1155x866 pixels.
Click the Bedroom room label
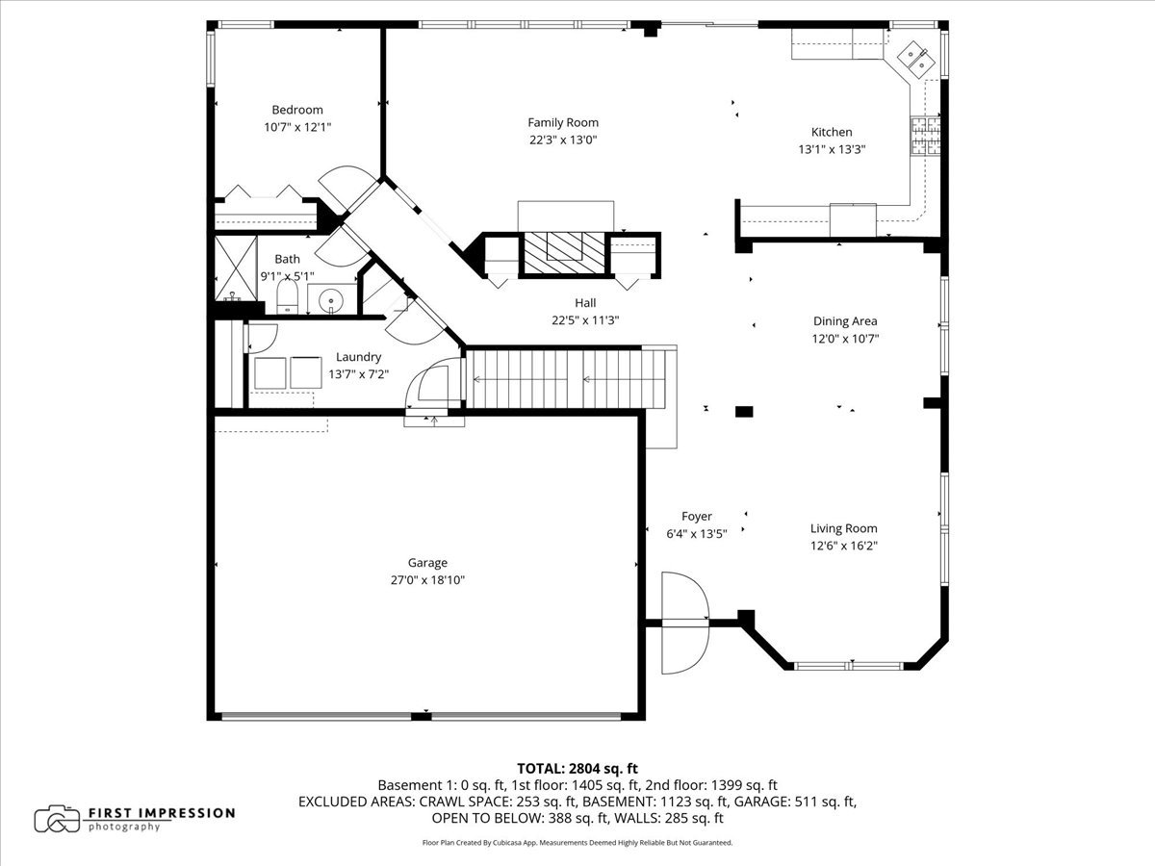(x=297, y=110)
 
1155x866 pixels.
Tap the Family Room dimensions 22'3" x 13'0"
(x=563, y=140)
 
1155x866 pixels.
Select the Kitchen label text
(x=832, y=132)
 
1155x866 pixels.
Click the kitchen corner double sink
(x=916, y=60)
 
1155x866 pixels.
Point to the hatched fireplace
(x=565, y=253)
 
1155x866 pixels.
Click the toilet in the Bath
(x=287, y=296)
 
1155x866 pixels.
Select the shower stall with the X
(x=236, y=268)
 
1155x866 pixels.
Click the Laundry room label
(x=358, y=357)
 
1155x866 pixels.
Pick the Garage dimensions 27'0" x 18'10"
(x=427, y=580)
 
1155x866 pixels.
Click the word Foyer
(x=697, y=517)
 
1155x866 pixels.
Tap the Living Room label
(x=843, y=528)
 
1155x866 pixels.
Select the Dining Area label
(x=845, y=320)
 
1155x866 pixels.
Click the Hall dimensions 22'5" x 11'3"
(x=585, y=320)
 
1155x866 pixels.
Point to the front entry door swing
(x=684, y=624)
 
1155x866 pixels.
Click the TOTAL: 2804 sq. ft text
(x=577, y=769)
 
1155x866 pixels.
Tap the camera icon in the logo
(x=57, y=819)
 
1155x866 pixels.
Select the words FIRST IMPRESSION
(x=162, y=813)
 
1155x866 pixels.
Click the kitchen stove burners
(x=926, y=137)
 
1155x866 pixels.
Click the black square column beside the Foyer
(x=744, y=411)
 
